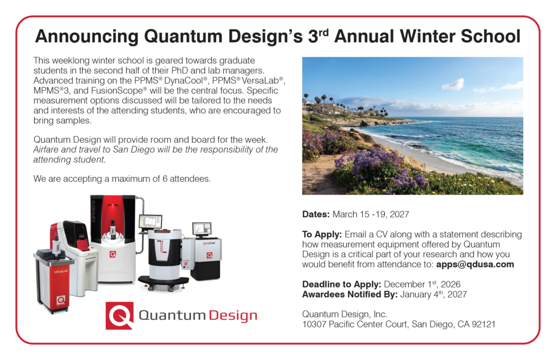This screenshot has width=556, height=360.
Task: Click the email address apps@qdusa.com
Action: coord(475,264)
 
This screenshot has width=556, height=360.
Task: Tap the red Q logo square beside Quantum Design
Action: coord(119,315)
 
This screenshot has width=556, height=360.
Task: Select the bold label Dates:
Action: coord(315,214)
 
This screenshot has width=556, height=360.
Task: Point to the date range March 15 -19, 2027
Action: coord(370,214)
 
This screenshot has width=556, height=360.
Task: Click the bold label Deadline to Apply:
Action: coord(342,284)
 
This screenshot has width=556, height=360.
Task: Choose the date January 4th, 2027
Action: coord(433,294)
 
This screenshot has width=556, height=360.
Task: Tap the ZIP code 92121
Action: coord(483,324)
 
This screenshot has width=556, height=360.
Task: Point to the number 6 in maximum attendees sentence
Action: coord(165,179)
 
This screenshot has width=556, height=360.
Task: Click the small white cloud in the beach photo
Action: coord(453,84)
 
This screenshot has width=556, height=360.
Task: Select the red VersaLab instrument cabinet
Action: coord(54,280)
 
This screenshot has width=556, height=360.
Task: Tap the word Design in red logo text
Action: coord(233,315)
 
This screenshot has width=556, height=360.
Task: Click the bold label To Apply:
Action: coord(322,235)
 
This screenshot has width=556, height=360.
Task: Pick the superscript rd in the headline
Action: coord(324,32)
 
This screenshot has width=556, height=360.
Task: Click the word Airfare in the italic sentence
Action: coord(46,149)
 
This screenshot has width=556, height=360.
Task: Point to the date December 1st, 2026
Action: coord(422,284)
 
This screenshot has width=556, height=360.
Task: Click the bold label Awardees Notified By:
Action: coord(350,294)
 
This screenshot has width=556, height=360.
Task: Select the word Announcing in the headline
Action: coord(86,37)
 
